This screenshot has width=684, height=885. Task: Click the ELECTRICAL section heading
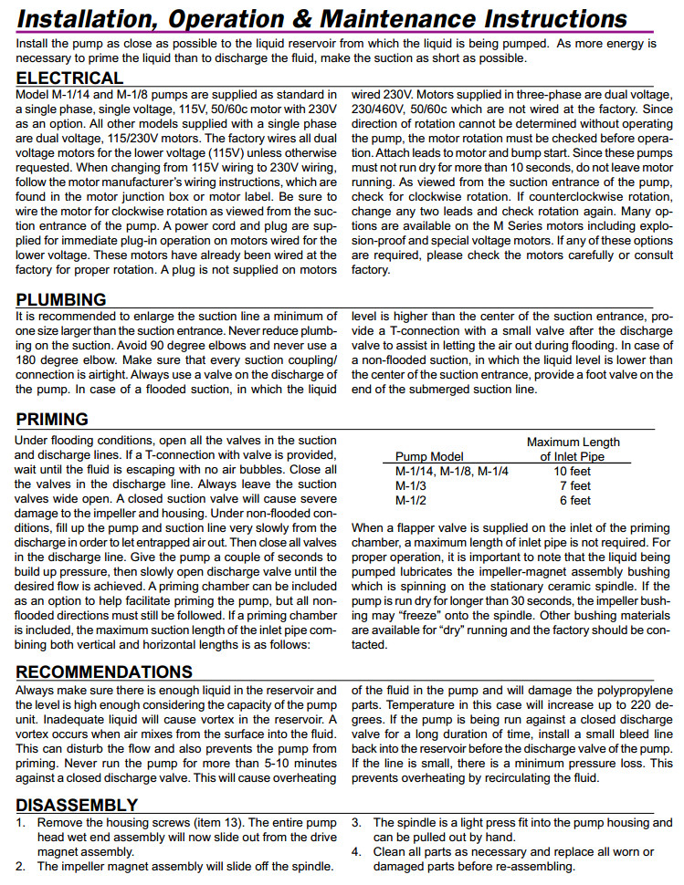coord(70,78)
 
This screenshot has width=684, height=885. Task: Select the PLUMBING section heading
coord(62,300)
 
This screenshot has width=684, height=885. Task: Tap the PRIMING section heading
coord(53,420)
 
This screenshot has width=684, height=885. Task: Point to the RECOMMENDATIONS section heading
coord(105,672)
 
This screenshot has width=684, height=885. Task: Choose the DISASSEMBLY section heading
coord(78,805)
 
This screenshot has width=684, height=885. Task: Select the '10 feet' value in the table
coord(573,472)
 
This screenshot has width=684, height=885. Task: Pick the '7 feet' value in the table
coord(575,486)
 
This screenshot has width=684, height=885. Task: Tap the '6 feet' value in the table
coord(575,500)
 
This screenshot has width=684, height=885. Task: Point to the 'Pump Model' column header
coord(429,456)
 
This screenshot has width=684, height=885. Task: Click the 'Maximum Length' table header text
coord(573,442)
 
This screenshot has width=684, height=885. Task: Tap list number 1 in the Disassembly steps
coord(21,822)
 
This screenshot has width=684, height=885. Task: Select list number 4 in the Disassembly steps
coord(357,851)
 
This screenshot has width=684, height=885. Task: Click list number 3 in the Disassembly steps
coord(357,822)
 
